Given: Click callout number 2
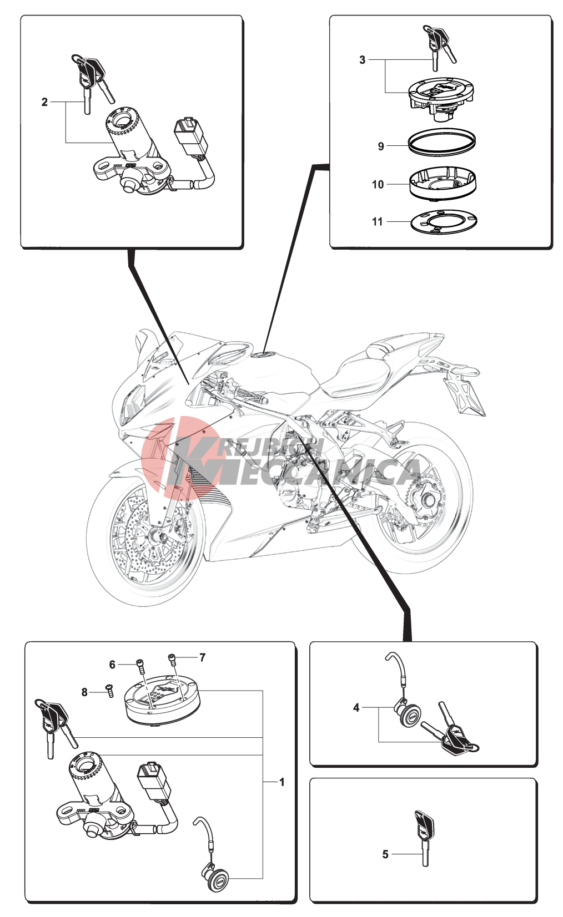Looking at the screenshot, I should pos(45,102).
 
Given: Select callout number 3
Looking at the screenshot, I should pos(363,59).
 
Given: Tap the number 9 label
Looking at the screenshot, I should pos(381,146).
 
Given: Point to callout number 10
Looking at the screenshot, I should pos(378,184).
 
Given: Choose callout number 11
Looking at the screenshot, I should pos(378,221).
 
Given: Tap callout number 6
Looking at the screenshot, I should pos(112,665).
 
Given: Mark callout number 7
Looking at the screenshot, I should pos(202,657).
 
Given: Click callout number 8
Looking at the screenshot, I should pos(84,692).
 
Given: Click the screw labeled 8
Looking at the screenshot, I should pos(110,691).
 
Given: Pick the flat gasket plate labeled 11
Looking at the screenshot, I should pos(443,222).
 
